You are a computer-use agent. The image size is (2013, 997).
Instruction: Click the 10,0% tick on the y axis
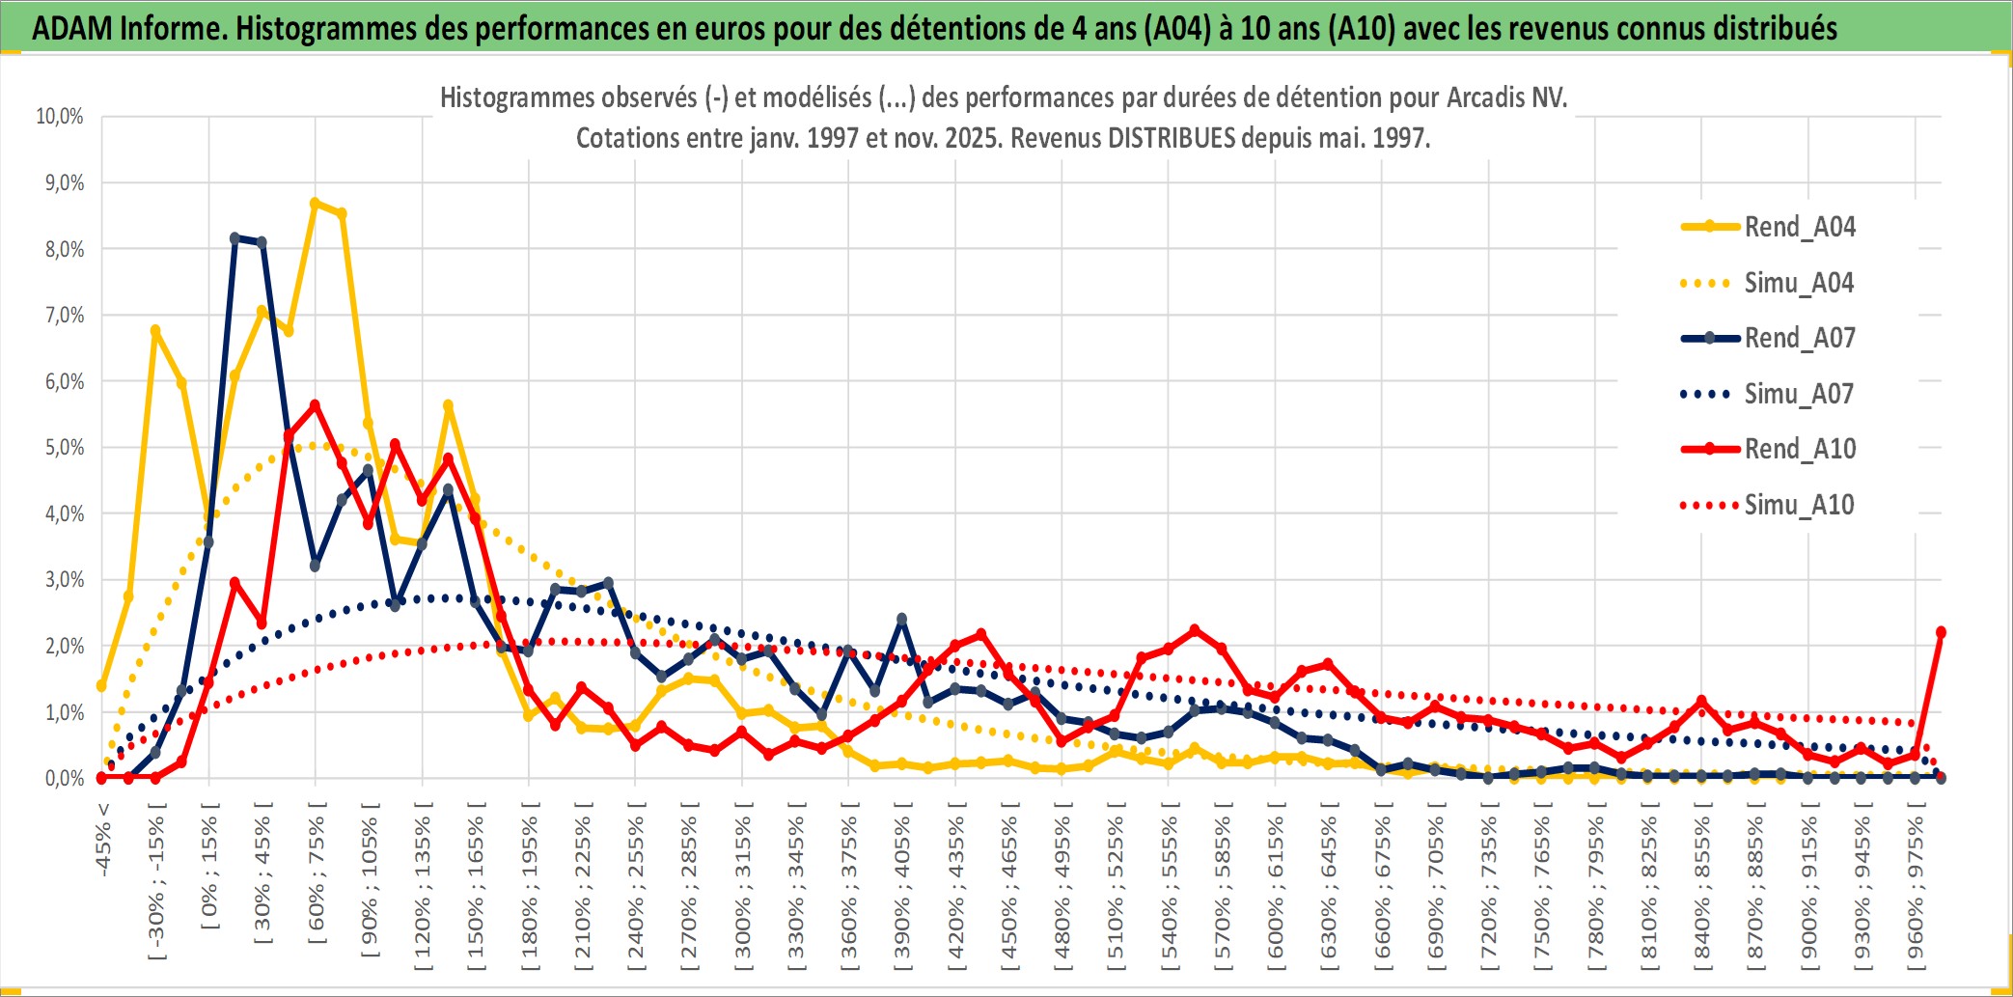[60, 117]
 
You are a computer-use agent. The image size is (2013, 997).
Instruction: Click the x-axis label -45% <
[103, 839]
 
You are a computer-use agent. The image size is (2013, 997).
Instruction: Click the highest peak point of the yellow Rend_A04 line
[315, 203]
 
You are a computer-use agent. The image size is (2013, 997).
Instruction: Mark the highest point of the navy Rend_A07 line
[234, 237]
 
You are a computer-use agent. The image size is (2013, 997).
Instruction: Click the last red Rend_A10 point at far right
[1941, 632]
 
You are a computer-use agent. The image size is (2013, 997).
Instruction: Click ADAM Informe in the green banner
[127, 28]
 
